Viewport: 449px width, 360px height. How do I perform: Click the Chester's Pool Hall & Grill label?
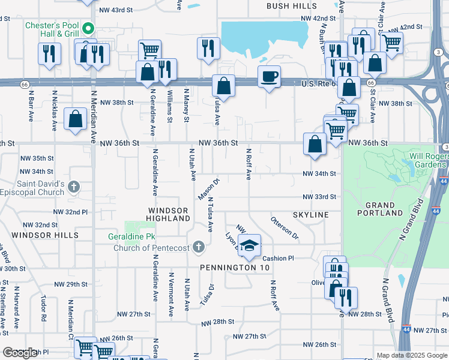click(x=52, y=30)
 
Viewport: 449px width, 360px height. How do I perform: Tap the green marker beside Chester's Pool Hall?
click(x=88, y=28)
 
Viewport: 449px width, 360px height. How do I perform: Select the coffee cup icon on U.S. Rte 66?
click(x=269, y=76)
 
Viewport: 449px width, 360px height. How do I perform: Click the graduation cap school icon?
click(x=249, y=245)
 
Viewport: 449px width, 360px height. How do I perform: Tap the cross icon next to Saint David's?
click(x=74, y=187)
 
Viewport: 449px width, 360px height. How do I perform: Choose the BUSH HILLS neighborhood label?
click(x=292, y=6)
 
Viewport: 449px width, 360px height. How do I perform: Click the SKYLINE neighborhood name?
click(x=311, y=215)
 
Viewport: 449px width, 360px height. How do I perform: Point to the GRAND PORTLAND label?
click(x=379, y=209)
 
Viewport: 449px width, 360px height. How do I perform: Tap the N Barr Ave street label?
click(x=31, y=107)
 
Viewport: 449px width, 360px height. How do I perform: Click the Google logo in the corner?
click(x=20, y=353)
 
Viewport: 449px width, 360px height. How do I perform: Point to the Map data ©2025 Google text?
click(x=411, y=355)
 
